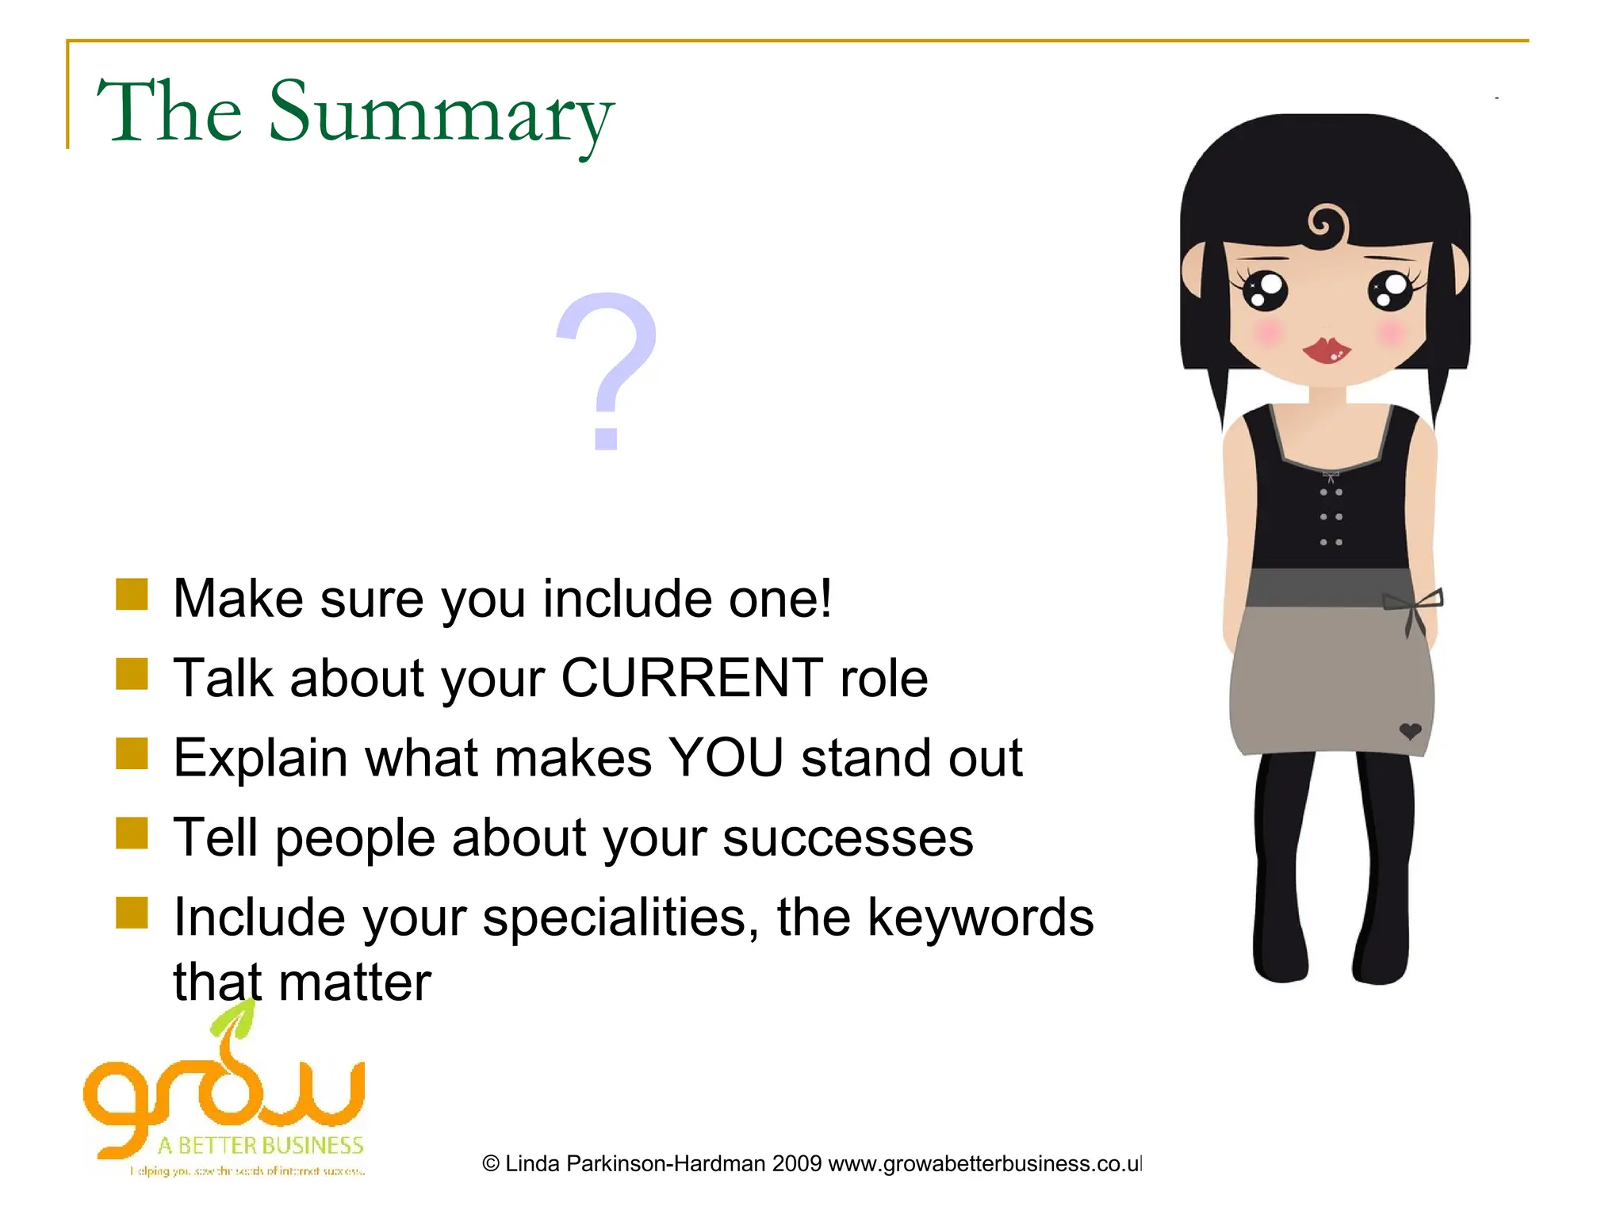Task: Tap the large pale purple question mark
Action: [607, 369]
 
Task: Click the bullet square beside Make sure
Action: [132, 595]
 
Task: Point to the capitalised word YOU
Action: [726, 757]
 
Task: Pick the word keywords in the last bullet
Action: [980, 917]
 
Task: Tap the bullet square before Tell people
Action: [132, 833]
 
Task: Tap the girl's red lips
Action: [1326, 349]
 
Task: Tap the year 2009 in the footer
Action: [796, 1164]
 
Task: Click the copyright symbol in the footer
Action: [491, 1164]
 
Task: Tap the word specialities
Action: [614, 917]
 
